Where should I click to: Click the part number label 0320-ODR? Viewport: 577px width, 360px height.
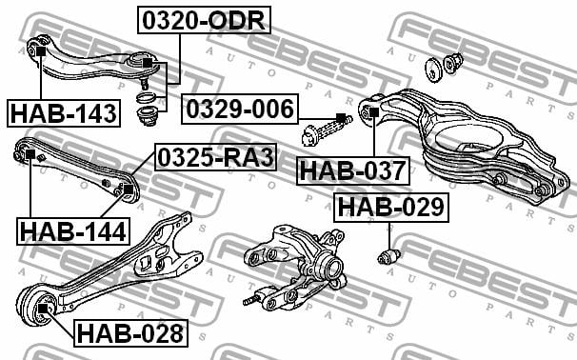204,20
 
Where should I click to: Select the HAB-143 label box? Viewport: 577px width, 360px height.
64,113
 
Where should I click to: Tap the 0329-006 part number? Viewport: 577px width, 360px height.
240,109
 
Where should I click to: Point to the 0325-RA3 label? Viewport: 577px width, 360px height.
215,157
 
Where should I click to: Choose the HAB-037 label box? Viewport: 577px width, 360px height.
353,170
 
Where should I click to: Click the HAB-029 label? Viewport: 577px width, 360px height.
391,208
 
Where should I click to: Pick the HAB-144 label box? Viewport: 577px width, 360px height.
73,231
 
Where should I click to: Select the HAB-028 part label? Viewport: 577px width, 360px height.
130,333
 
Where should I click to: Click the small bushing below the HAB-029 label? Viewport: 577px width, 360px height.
389,256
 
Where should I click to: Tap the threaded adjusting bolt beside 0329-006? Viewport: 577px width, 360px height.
327,130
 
